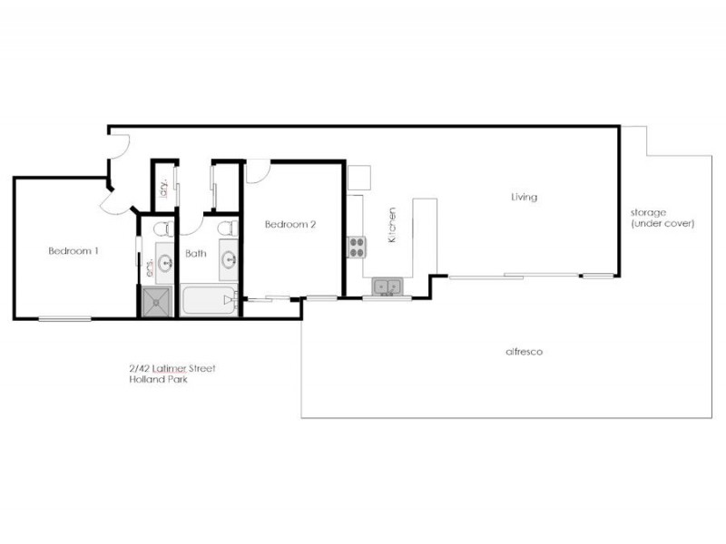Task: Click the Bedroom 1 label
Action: [x=73, y=251]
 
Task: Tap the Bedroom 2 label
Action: [x=289, y=224]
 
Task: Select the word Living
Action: [x=524, y=197]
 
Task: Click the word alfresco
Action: [x=524, y=351]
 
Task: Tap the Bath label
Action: [x=195, y=254]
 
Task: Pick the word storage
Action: [x=649, y=212]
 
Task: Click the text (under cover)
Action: [x=662, y=223]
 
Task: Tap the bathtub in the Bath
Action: [x=208, y=298]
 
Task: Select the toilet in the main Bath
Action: [x=229, y=228]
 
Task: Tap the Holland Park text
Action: [x=158, y=379]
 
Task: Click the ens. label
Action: [x=149, y=268]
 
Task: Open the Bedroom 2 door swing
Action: [x=258, y=170]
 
